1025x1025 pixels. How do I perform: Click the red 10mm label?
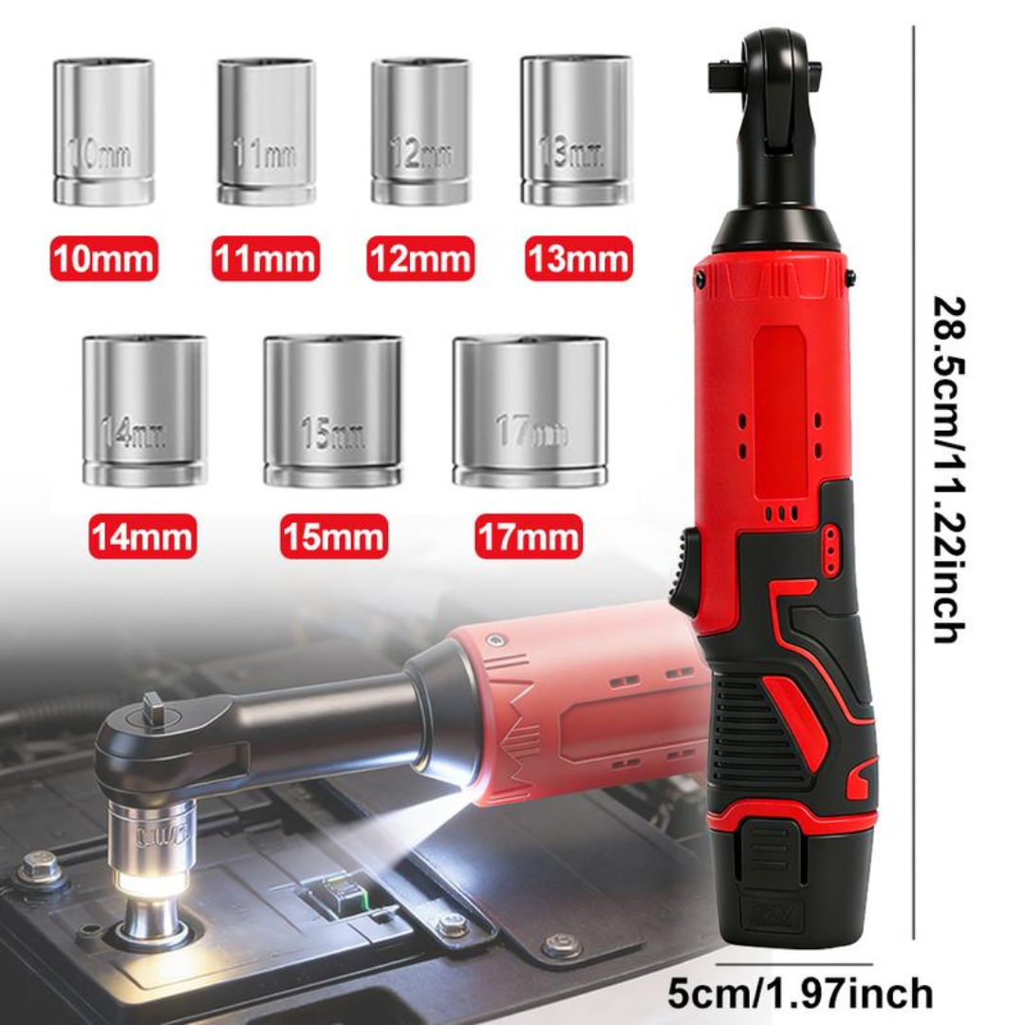[x=103, y=259]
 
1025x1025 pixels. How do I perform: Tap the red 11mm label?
[x=265, y=259]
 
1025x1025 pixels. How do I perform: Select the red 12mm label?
[x=420, y=259]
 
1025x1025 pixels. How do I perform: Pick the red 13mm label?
[x=578, y=259]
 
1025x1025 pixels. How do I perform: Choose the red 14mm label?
[x=142, y=536]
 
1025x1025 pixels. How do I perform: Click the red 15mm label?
[x=333, y=536]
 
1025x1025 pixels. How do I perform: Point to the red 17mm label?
[x=529, y=536]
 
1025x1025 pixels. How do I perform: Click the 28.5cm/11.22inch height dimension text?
[x=947, y=470]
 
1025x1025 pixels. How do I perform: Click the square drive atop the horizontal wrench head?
[x=153, y=707]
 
